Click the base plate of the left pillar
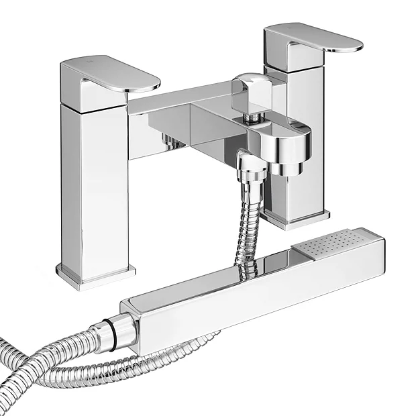click(x=94, y=275)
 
